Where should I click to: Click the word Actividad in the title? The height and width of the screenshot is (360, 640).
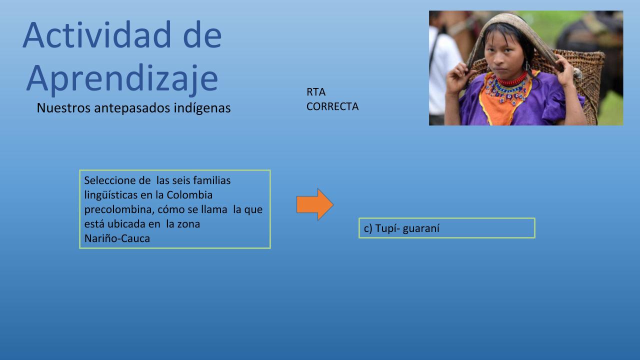97,34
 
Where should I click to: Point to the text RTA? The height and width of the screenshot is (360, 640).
316,92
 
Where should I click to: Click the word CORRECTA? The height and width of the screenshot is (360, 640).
332,106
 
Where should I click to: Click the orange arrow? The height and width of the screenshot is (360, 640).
315,204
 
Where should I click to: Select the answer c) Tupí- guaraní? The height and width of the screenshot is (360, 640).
401,228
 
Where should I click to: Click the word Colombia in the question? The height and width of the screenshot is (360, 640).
189,195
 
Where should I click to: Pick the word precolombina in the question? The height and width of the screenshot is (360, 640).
119,209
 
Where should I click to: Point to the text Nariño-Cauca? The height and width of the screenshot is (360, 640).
117,238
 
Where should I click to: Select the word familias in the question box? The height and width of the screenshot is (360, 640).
211,180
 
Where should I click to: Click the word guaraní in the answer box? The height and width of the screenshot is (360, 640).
421,228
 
